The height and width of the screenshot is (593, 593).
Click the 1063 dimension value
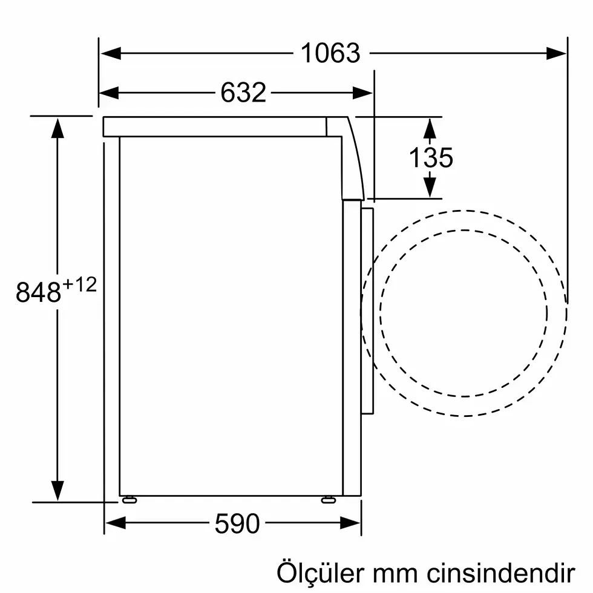[x=330, y=53]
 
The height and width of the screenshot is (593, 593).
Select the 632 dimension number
[x=243, y=93]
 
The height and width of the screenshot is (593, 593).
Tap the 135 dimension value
[x=430, y=158]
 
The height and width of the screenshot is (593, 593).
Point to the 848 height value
[x=38, y=293]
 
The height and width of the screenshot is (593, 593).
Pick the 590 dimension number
[x=237, y=523]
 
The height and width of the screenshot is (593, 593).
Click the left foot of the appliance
[x=128, y=500]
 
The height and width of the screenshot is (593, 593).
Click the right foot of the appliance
[x=329, y=500]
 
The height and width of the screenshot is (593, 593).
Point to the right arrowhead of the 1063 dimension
[x=557, y=53]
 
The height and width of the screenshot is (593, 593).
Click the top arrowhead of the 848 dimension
[x=57, y=127]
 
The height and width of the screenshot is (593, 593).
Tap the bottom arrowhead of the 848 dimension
[x=57, y=491]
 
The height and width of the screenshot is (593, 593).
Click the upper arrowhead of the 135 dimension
[x=430, y=128]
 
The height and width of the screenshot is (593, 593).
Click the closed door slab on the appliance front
[x=367, y=312]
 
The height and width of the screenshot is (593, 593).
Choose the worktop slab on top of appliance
[x=215, y=126]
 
